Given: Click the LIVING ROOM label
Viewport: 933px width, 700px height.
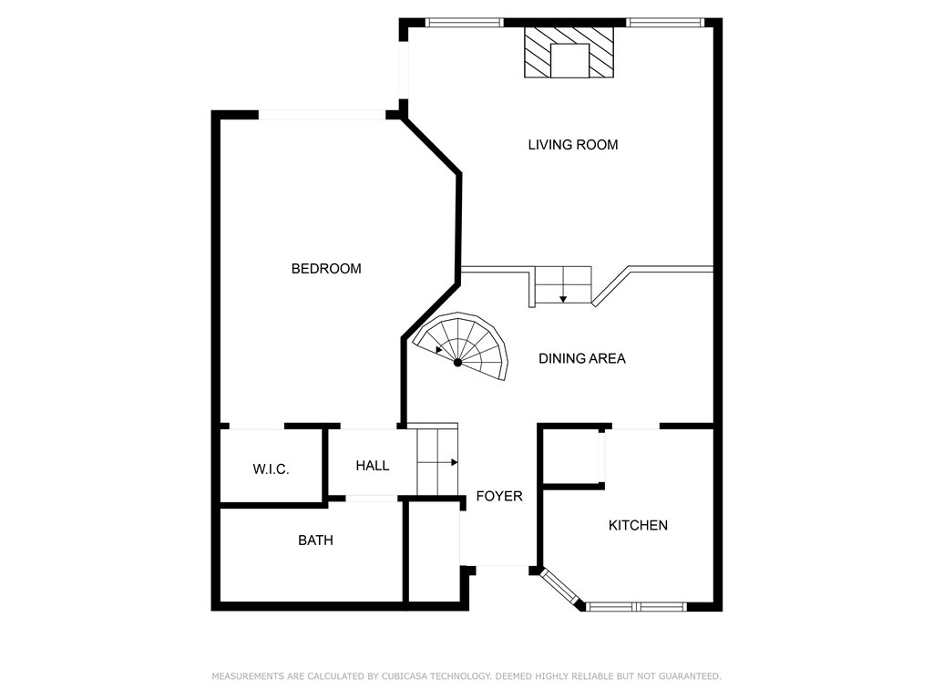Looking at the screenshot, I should click(x=573, y=145).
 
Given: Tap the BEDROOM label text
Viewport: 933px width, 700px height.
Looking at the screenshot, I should click(x=326, y=269).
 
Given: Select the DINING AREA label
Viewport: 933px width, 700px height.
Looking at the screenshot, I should click(x=582, y=359).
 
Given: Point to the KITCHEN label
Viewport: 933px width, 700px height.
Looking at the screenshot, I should click(x=638, y=526).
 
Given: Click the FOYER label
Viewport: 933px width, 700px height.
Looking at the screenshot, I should click(x=499, y=497).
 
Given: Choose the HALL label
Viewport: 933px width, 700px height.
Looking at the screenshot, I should click(x=372, y=466).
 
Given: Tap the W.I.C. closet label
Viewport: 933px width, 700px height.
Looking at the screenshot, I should click(x=271, y=469).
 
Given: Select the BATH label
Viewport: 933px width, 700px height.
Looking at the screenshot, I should click(x=315, y=540).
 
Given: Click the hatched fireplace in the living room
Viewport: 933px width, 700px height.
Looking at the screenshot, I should click(x=569, y=52).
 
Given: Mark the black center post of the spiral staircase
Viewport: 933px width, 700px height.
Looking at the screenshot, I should click(x=458, y=363).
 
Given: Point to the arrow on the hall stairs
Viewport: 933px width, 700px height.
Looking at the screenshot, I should click(x=452, y=462).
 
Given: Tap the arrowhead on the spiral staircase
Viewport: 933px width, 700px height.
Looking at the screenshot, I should click(x=439, y=349).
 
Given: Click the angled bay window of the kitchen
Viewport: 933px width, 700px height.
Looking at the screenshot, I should click(x=561, y=588).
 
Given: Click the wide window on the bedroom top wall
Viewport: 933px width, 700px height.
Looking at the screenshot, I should click(x=323, y=115).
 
